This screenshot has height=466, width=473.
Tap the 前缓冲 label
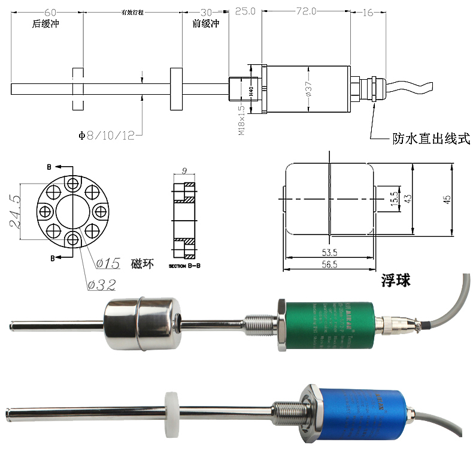[x=206, y=25]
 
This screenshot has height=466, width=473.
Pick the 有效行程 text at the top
[x=133, y=12]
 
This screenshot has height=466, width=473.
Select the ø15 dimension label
[x=108, y=263]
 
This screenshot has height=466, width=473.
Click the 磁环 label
[x=138, y=263]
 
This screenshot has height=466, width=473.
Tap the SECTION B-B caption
[x=186, y=264]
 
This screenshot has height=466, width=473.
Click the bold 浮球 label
[x=396, y=281]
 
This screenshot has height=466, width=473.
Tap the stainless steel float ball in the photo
[x=141, y=324]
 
